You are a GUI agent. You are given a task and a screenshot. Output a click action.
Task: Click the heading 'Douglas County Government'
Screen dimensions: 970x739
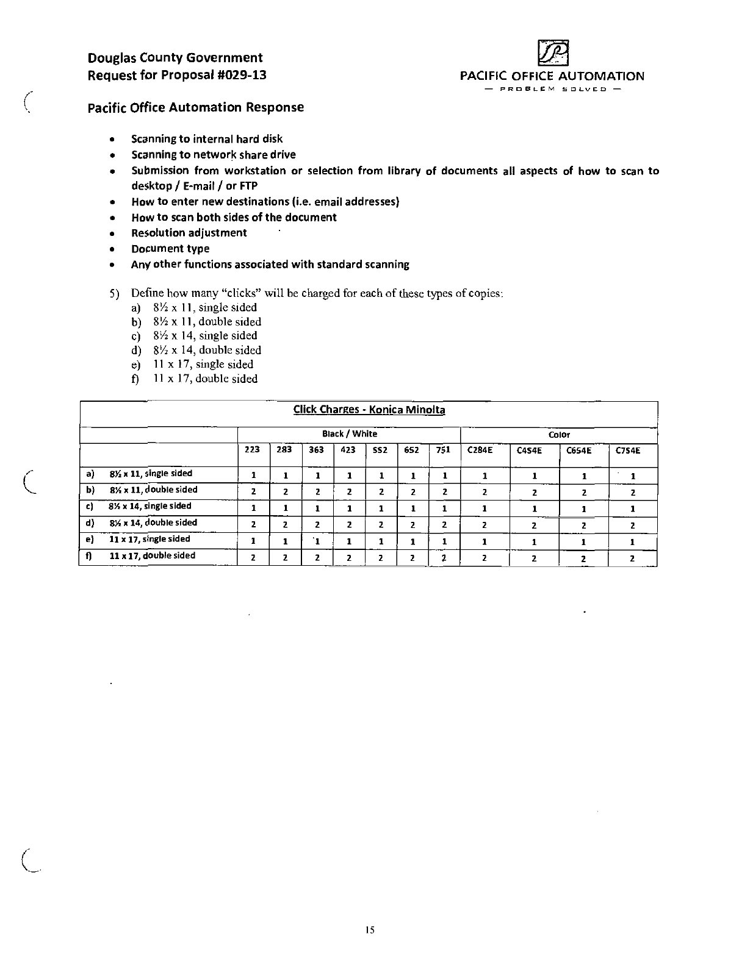tap(175, 58)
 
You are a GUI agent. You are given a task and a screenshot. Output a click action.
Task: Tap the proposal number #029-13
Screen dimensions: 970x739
tap(242, 76)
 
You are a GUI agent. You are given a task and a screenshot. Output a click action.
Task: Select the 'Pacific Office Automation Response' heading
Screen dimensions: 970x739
tap(195, 107)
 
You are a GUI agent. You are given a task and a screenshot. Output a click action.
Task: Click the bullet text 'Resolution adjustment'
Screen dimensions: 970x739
tap(189, 233)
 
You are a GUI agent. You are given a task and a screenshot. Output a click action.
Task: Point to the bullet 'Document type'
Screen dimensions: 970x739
tap(170, 249)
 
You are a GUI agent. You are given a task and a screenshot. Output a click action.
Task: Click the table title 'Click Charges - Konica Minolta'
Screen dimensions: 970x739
tap(369, 410)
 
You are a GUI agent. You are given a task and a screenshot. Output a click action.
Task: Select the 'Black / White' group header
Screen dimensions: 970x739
tap(349, 434)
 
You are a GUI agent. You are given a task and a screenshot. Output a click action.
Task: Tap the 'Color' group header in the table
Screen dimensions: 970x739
tap(559, 435)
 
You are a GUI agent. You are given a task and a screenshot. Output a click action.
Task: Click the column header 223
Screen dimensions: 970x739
tap(253, 450)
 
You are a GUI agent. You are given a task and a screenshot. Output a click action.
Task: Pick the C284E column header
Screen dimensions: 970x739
tap(480, 451)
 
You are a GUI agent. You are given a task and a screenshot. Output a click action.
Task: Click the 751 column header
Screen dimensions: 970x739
tap(443, 450)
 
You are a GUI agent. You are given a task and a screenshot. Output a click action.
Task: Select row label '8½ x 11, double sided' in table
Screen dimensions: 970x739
tap(153, 490)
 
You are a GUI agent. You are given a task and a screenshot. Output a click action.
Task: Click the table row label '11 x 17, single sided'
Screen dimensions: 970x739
tap(150, 539)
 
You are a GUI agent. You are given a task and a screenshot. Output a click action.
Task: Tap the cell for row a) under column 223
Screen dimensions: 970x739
tap(253, 476)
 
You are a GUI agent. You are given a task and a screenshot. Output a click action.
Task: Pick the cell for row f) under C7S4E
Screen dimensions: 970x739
tap(632, 558)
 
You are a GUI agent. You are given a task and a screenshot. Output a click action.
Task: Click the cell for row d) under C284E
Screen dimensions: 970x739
tap(484, 525)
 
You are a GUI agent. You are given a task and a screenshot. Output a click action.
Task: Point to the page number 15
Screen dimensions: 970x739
tap(369, 930)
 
